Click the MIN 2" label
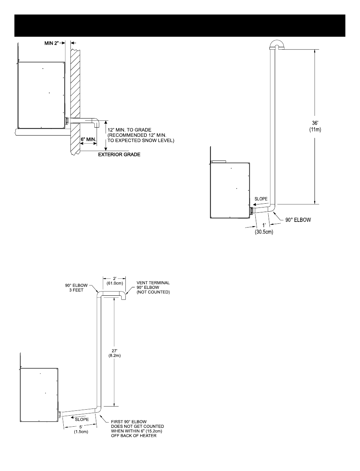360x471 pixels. click(x=51, y=43)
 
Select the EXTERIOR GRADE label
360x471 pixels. click(x=119, y=154)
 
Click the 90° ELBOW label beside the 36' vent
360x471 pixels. click(x=298, y=220)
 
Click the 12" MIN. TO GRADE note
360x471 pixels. click(x=140, y=136)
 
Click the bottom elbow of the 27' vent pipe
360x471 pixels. click(x=98, y=410)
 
